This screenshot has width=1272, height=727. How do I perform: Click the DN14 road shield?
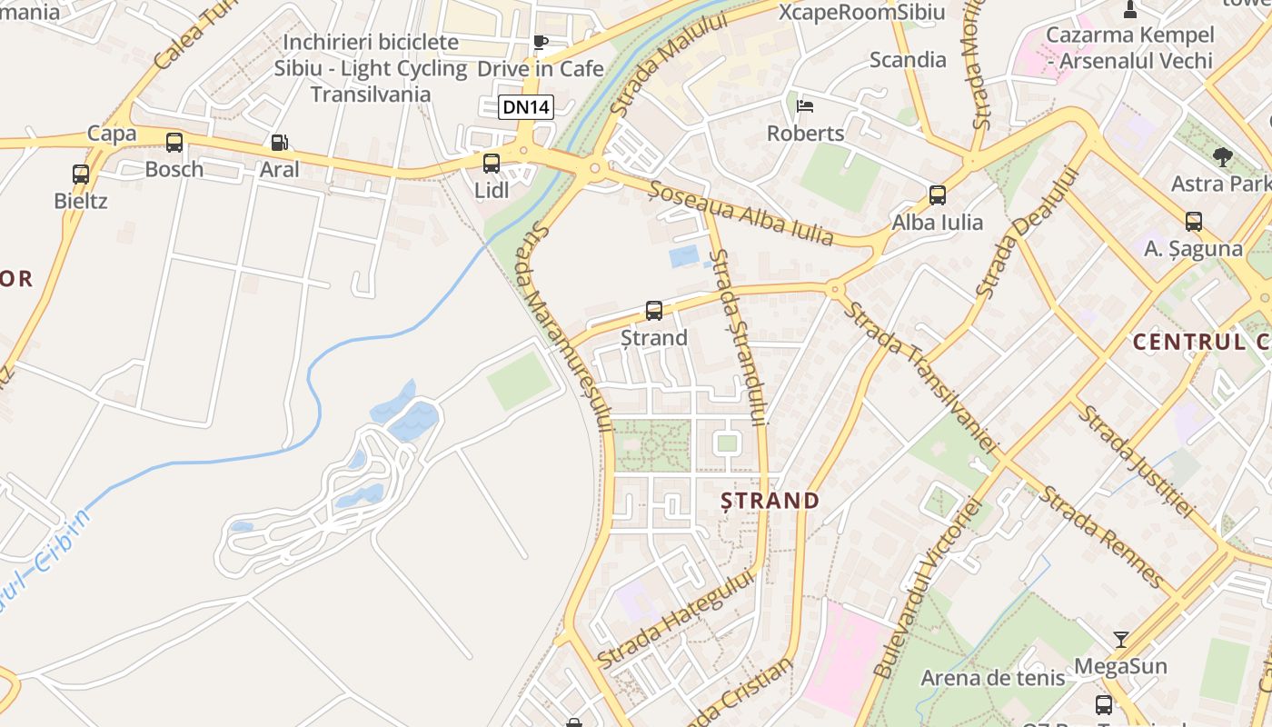(526, 107)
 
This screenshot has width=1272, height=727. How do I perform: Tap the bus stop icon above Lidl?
(491, 164)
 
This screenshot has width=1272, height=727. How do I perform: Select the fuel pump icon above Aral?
(280, 143)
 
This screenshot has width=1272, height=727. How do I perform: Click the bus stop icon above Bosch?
(174, 143)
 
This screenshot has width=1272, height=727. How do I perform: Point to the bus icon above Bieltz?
(81, 174)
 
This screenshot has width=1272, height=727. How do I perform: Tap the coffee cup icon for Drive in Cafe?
(541, 42)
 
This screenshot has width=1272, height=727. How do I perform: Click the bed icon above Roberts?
(805, 106)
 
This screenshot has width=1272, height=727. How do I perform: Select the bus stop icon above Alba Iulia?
(938, 194)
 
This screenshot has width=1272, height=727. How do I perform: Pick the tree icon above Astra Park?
(1223, 156)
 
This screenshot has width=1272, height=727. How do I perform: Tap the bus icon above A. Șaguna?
(1194, 221)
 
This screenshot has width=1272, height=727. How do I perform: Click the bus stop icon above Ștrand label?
(654, 311)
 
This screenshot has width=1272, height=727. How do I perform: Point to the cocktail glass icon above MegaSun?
(1121, 640)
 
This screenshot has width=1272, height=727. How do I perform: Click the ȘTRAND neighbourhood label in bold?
(770, 501)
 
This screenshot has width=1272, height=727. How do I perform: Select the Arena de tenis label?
(992, 678)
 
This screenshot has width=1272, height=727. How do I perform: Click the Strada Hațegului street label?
(677, 619)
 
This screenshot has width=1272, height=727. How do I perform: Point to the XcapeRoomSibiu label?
(862, 13)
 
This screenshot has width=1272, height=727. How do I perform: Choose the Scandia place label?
(908, 60)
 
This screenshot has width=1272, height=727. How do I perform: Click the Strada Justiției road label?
(1137, 462)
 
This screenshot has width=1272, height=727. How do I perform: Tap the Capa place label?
(112, 134)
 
